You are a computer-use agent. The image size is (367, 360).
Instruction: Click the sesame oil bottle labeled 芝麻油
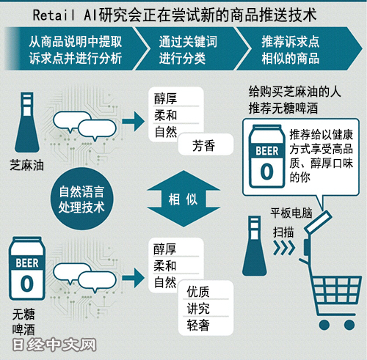[27, 122]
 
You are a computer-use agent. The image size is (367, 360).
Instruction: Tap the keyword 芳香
[203, 145]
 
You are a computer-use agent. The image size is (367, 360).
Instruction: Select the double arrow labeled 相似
[183, 199]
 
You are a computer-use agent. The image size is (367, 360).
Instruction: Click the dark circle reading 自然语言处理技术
[82, 199]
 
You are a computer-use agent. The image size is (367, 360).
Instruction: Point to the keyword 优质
[198, 292]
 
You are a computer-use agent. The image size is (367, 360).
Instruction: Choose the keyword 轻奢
[198, 325]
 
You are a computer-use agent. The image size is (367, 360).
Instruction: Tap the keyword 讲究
[198, 308]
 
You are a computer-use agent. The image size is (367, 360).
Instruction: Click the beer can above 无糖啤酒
[27, 268]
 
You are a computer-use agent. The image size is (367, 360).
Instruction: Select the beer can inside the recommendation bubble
[266, 156]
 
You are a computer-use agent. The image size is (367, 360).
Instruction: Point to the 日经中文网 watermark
[54, 345]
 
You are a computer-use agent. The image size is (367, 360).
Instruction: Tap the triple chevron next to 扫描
[284, 248]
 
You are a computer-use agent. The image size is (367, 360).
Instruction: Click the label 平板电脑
[291, 213]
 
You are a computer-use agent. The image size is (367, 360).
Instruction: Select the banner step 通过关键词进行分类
[188, 50]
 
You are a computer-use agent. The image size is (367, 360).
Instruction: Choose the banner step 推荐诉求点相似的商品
[291, 50]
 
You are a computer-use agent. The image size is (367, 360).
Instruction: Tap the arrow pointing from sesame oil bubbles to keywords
[134, 122]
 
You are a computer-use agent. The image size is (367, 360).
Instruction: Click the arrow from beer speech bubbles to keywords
[134, 278]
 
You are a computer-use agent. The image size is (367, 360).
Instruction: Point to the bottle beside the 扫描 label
[255, 246]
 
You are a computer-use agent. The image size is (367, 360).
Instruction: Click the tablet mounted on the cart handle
[318, 222]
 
